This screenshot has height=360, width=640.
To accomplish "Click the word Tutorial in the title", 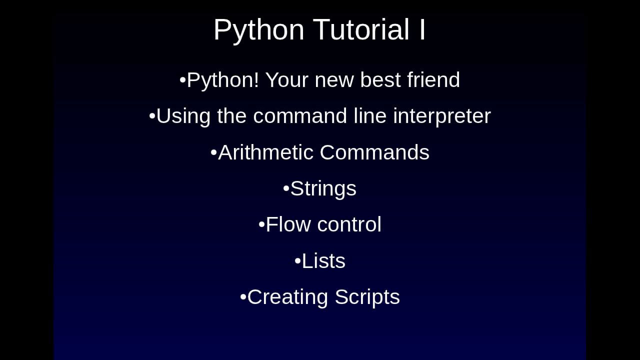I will pyautogui.click(x=361, y=29).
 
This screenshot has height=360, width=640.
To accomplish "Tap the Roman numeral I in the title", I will pyautogui.click(x=422, y=29).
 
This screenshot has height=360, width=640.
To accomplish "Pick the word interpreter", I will pyautogui.click(x=442, y=116).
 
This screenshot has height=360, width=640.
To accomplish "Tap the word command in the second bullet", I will pyautogui.click(x=300, y=116).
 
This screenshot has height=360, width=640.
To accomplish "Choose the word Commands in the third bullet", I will pyautogui.click(x=374, y=152).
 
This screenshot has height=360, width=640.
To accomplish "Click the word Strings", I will pyautogui.click(x=323, y=189).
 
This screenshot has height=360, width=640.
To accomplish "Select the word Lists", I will pyautogui.click(x=323, y=261).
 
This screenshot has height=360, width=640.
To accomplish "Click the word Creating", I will pyautogui.click(x=287, y=297).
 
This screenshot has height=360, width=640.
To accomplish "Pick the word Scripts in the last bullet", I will pyautogui.click(x=367, y=297).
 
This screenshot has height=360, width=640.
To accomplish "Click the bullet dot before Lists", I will pyautogui.click(x=297, y=261).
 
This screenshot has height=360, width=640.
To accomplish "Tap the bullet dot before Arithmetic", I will pyautogui.click(x=213, y=152).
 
